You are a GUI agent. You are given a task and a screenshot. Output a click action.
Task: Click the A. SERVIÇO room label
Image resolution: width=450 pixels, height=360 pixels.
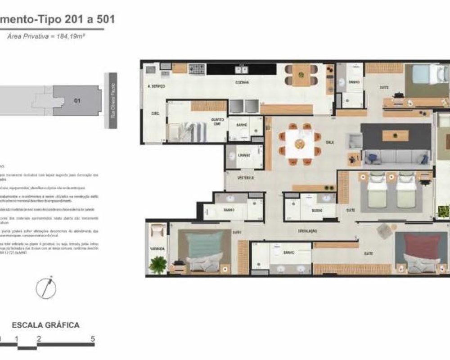click(156, 86)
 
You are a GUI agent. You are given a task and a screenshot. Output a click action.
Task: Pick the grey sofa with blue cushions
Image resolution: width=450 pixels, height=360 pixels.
click(396, 157)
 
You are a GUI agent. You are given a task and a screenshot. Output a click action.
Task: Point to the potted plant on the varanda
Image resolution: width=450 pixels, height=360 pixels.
click(158, 264)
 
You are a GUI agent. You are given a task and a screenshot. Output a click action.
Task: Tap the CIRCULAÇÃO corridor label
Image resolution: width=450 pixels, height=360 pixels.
click(308, 231)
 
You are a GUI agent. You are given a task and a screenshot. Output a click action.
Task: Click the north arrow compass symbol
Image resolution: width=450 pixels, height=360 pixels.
click(46, 287)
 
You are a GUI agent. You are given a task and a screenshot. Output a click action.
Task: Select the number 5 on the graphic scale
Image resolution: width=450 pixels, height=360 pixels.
click(92, 339)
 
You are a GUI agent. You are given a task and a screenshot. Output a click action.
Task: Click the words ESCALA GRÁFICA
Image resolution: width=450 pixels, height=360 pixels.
click(46, 325)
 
